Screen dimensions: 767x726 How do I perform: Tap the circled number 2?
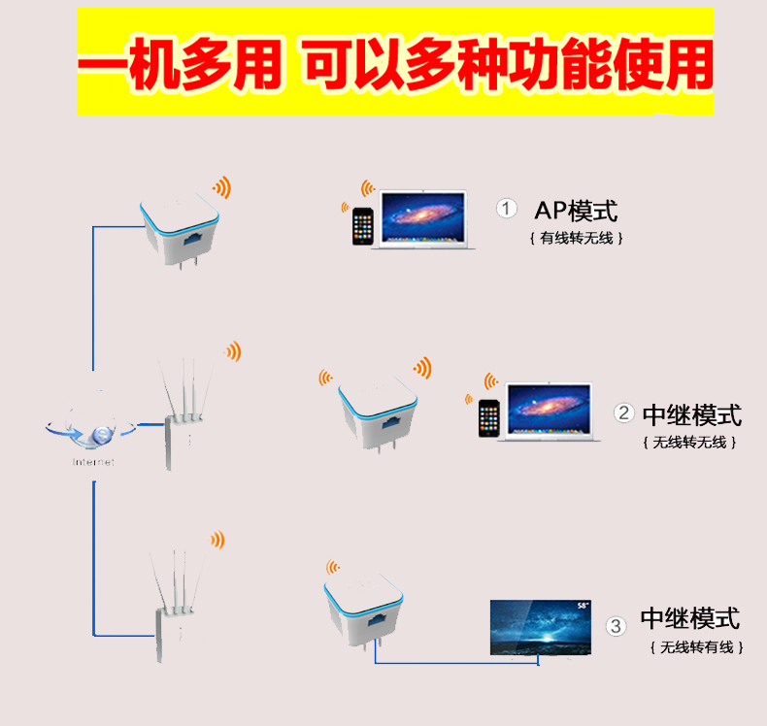(625, 413)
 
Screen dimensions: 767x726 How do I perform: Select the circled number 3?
(615, 626)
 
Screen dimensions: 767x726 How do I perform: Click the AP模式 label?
(576, 210)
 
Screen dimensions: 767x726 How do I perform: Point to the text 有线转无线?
(576, 238)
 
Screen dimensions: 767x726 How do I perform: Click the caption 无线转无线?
(689, 443)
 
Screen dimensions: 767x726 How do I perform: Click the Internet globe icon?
(94, 427)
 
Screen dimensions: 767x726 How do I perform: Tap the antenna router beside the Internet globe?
(182, 417)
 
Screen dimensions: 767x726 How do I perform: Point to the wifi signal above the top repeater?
(223, 187)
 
